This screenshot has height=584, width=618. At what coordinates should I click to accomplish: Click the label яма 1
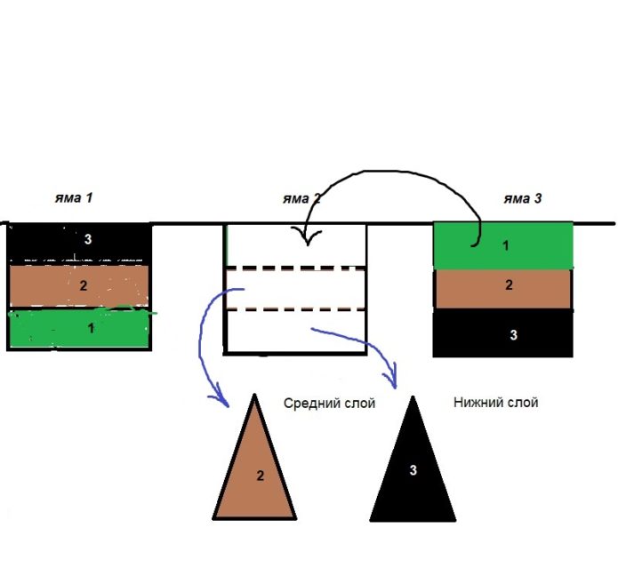(x=77, y=198)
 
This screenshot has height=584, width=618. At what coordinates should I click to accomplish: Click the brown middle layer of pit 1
(x=53, y=286)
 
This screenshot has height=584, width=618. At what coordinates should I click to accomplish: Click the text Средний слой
(x=329, y=404)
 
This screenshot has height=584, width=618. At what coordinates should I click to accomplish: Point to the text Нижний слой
(x=495, y=403)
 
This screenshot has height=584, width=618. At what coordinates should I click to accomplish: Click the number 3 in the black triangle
(x=413, y=470)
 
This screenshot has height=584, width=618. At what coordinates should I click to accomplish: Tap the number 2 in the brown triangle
(x=261, y=476)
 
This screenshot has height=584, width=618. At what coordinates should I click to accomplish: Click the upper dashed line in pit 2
(x=296, y=267)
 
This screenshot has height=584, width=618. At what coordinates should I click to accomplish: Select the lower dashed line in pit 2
(x=296, y=309)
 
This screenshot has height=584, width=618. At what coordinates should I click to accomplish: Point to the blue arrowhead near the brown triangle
(x=220, y=398)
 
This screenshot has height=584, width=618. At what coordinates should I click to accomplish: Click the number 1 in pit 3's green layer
(x=506, y=245)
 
